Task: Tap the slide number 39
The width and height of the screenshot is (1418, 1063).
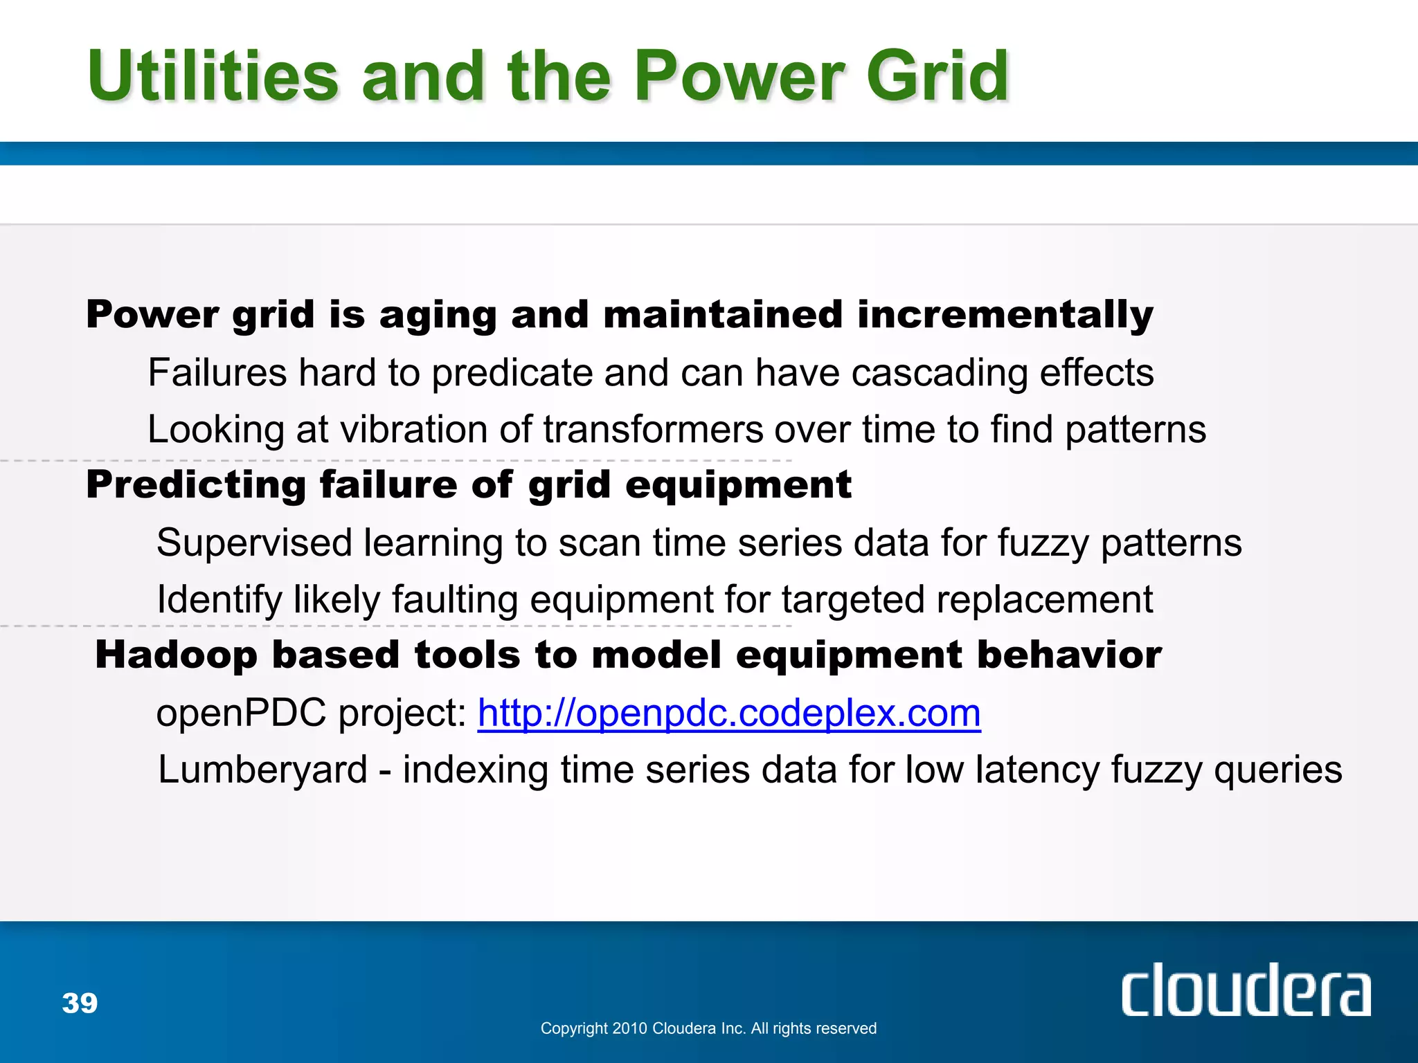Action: (80, 1003)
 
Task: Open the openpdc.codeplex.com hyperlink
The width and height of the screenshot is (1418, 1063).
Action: (728, 713)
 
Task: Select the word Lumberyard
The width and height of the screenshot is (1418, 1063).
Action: (262, 770)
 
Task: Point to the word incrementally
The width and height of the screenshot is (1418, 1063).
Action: (1005, 316)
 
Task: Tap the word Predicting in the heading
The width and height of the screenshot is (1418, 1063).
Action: (196, 485)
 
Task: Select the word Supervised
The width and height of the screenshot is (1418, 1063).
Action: (254, 543)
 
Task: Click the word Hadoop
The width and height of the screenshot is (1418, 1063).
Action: (176, 655)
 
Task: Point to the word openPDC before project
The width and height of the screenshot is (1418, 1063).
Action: (240, 713)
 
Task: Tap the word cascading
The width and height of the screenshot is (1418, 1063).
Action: (939, 374)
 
